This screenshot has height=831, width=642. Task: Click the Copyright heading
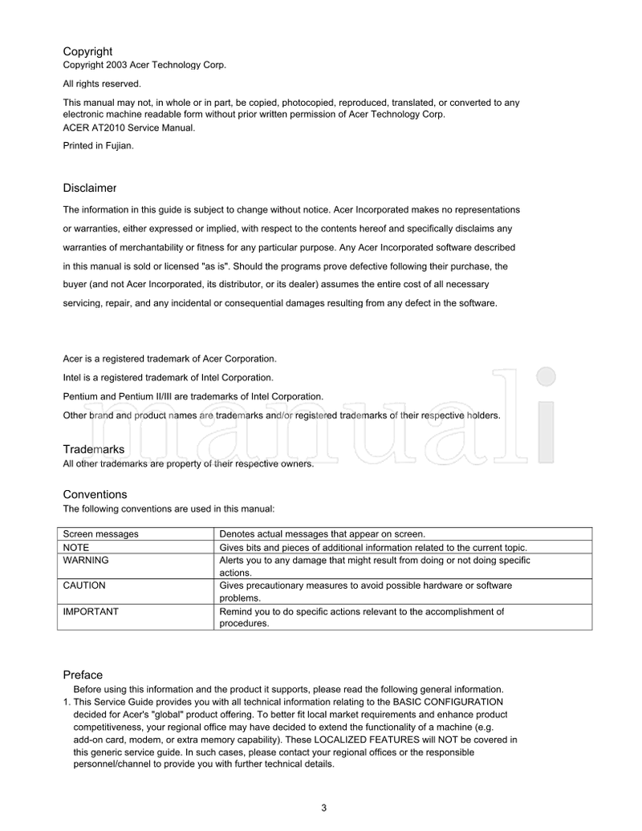(87, 51)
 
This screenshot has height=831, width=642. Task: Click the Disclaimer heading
(90, 188)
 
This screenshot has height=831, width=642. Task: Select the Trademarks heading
(94, 449)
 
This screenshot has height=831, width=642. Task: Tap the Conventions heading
(95, 494)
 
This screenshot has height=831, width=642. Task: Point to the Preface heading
(83, 675)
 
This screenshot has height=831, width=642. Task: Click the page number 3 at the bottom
(323, 808)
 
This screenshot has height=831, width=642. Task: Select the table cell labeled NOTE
(76, 547)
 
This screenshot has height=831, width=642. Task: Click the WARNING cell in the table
(86, 560)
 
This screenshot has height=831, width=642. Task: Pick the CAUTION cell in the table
(84, 586)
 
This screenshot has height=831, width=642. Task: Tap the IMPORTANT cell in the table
(91, 611)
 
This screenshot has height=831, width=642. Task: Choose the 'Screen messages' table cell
(100, 533)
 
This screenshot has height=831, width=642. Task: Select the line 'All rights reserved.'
(102, 83)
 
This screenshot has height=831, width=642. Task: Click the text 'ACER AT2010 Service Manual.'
(128, 127)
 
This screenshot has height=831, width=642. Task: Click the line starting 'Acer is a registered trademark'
(170, 358)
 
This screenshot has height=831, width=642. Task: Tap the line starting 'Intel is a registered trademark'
(169, 377)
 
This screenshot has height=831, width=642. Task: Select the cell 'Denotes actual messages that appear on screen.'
(322, 533)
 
